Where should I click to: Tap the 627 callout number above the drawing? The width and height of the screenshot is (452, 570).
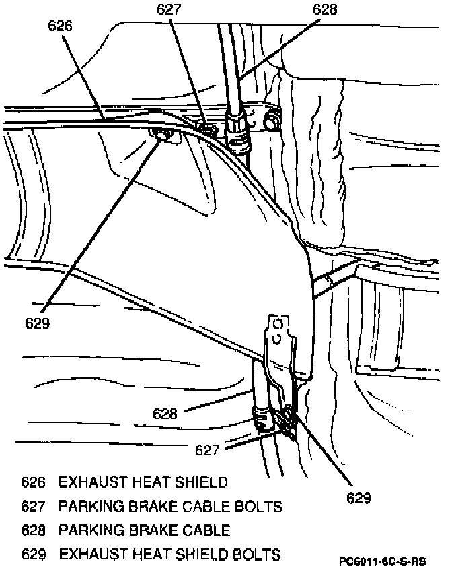click(170, 10)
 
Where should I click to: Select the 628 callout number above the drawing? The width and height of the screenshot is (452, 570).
click(324, 10)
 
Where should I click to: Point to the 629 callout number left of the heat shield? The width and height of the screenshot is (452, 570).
click(38, 323)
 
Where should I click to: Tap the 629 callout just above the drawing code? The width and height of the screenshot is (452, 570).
click(359, 498)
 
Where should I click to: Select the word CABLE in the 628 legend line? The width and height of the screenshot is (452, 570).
click(206, 530)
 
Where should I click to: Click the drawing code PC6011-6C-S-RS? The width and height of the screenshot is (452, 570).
click(383, 561)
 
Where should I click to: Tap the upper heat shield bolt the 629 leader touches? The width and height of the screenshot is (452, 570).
click(162, 135)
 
